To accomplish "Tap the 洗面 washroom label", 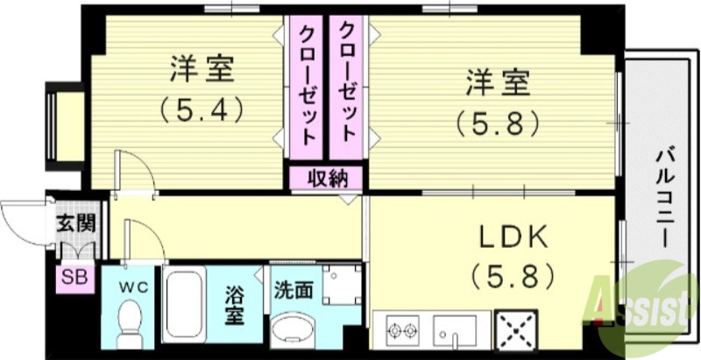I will click(x=293, y=290).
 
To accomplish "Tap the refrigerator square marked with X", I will click(x=518, y=331).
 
